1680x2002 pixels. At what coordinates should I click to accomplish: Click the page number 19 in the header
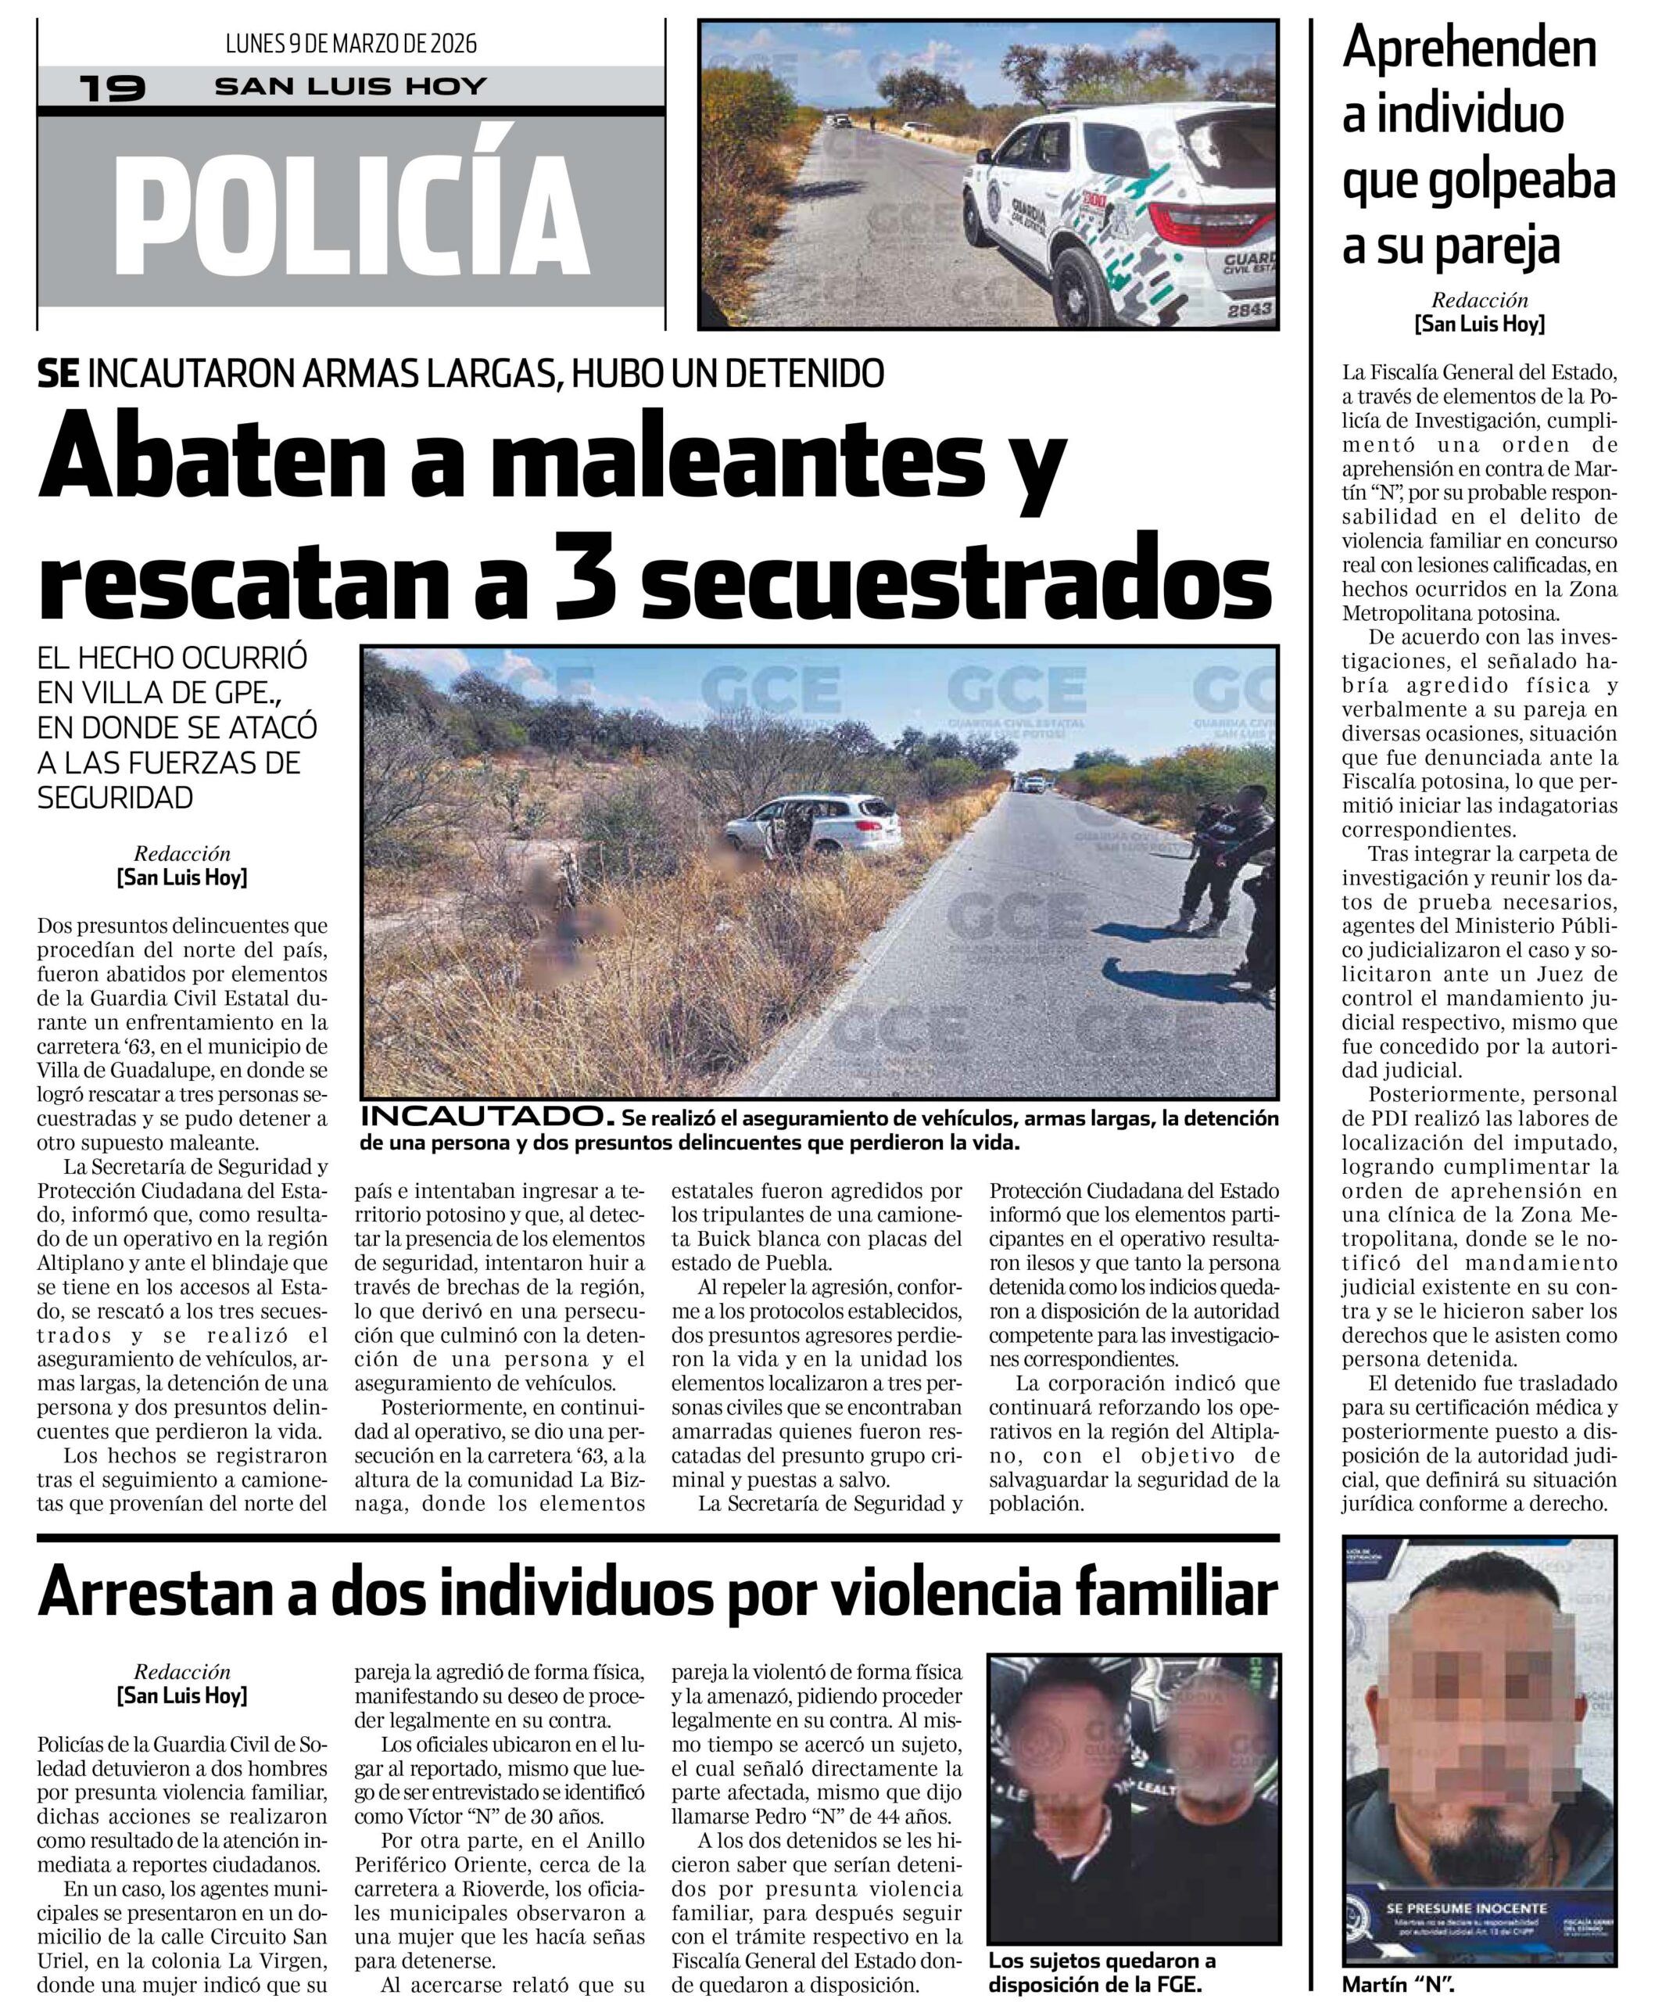pos(113,88)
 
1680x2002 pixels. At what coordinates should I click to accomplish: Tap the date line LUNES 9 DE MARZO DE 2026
pos(351,44)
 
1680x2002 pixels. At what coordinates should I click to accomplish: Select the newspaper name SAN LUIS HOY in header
pos(351,87)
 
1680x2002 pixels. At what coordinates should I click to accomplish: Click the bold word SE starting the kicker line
pos(58,374)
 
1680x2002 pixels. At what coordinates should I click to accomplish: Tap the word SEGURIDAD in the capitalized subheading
pos(115,798)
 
